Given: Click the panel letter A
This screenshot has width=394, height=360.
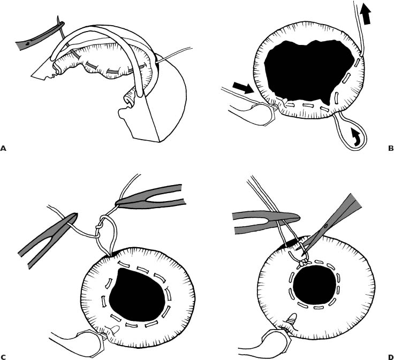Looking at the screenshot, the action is pos(3,148).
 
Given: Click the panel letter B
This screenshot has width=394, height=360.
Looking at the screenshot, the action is pos(390,148).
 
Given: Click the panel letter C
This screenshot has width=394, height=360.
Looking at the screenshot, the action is pos(3,357).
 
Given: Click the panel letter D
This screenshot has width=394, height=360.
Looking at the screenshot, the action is pos(390,357).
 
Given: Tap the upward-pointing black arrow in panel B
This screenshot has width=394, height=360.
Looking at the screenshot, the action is pos(366,15).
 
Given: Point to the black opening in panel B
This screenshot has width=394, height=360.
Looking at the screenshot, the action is pos(309,72).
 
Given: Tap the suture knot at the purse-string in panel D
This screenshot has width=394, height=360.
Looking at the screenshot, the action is pos(303,263).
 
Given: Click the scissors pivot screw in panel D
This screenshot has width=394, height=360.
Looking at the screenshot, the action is pos(326,226).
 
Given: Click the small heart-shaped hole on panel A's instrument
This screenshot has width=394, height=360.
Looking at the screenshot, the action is pos(28,43).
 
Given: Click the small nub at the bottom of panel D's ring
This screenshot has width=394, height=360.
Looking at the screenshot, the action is pos(292,318).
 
